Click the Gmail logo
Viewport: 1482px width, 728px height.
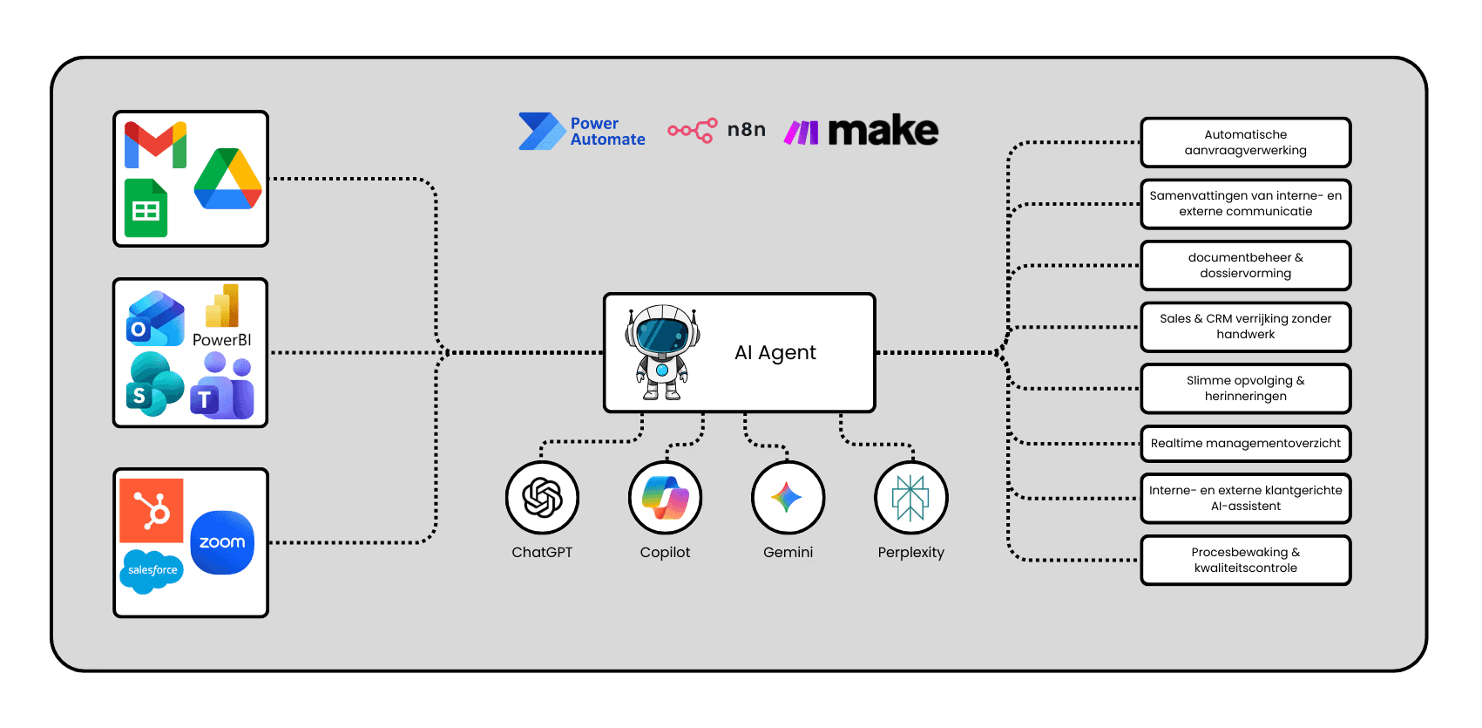[x=155, y=144]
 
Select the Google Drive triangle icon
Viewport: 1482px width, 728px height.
[x=228, y=180]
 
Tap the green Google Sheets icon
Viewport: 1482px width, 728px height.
[x=145, y=208]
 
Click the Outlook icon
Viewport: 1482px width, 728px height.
[x=155, y=319]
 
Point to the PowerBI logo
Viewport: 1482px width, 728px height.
[x=222, y=316]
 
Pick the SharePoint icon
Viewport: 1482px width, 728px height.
[x=155, y=384]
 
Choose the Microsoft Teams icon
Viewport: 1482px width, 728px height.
[x=223, y=386]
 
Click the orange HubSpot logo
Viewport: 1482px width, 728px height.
[x=152, y=510]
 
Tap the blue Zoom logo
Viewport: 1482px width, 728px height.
[x=222, y=542]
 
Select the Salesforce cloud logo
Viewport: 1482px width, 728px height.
[x=152, y=570]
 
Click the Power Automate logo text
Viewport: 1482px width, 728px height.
[x=607, y=132]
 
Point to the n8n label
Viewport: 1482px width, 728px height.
[x=746, y=130]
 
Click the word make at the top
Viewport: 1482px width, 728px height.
[x=883, y=131]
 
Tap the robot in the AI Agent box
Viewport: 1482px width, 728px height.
[x=662, y=352]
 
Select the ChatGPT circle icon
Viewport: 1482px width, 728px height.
[x=542, y=498]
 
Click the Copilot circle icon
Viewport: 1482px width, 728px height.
[x=666, y=498]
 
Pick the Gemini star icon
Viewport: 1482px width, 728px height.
[x=788, y=498]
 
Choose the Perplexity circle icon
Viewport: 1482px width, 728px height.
[x=911, y=498]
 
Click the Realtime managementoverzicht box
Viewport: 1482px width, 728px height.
[x=1245, y=444]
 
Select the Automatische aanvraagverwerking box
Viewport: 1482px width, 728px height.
[x=1245, y=142]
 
